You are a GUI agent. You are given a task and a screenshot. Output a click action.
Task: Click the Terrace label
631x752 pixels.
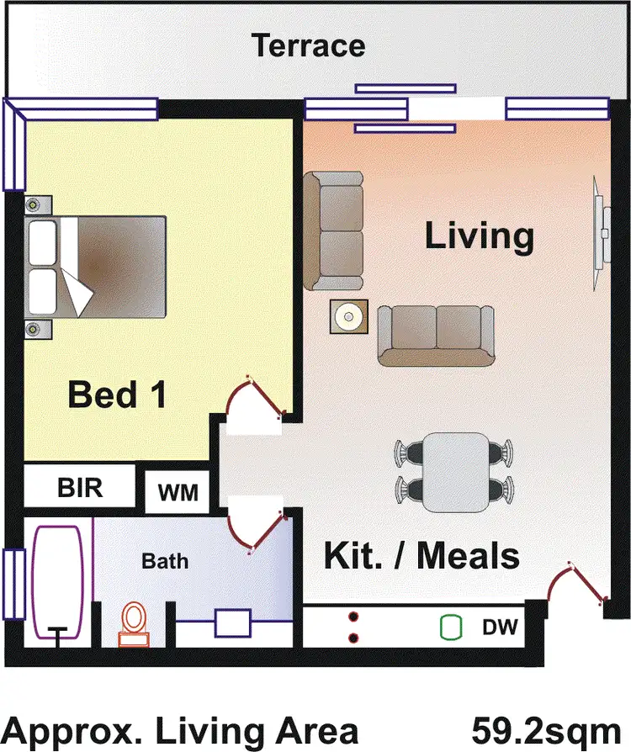coord(310,45)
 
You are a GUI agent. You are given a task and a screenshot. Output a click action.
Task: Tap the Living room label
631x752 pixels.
coord(479,236)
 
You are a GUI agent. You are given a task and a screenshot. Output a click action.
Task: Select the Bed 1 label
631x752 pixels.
coord(117,394)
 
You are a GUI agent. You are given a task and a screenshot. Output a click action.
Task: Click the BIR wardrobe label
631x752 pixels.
coord(80,488)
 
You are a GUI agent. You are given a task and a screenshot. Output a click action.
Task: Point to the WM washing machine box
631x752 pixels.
coord(178,492)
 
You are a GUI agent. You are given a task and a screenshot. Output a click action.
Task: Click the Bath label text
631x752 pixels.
coord(165,560)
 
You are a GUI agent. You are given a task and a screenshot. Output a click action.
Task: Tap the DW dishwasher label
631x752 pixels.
coord(500,628)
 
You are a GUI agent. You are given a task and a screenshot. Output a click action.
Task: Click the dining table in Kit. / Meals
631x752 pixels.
coord(456,473)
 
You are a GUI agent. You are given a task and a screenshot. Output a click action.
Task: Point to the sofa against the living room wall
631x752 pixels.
coord(334,230)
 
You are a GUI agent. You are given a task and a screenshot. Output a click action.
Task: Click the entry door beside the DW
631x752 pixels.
coord(576,585)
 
